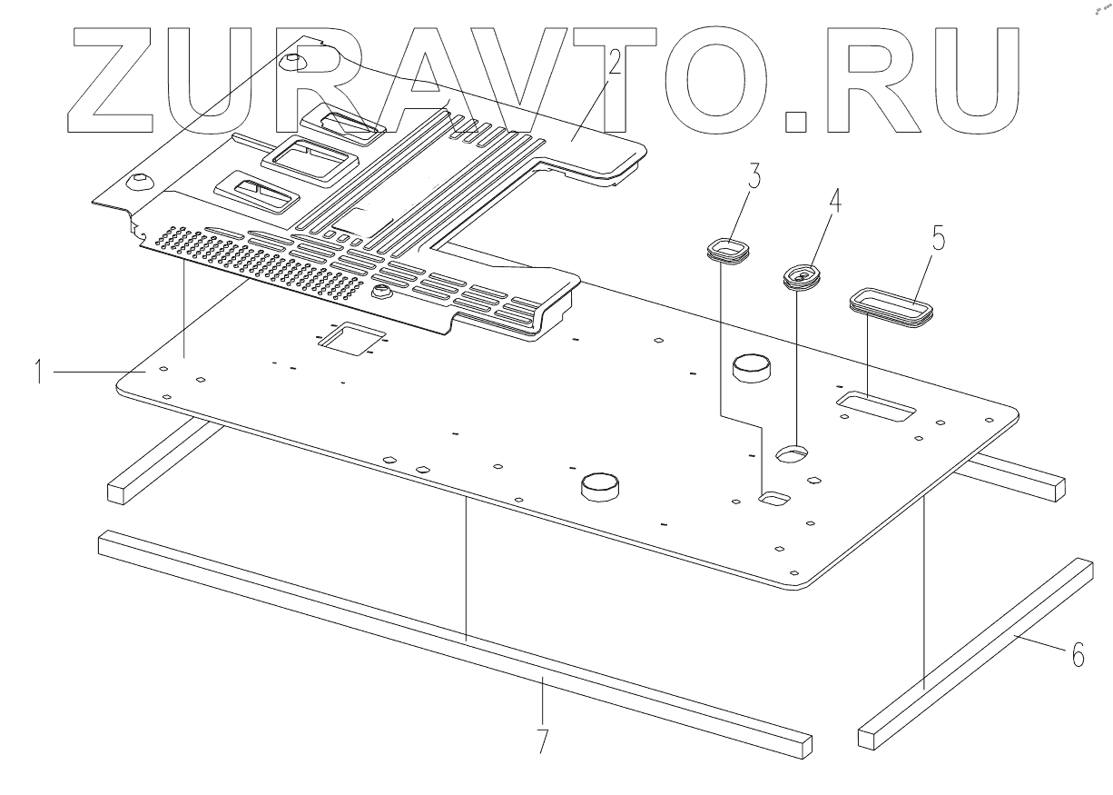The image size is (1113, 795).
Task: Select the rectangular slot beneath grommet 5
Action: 874,406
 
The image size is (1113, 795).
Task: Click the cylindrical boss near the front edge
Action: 599,486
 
